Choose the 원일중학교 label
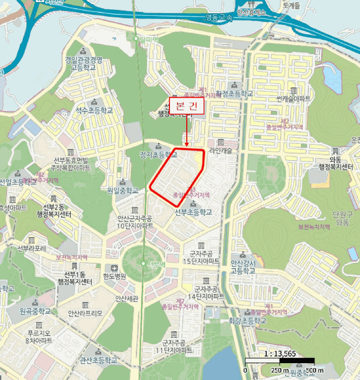pos(123,190)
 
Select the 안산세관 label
pos(127,298)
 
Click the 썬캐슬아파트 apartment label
pos(293,98)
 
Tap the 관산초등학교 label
pos(98,359)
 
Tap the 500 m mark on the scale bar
pos(307,370)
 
